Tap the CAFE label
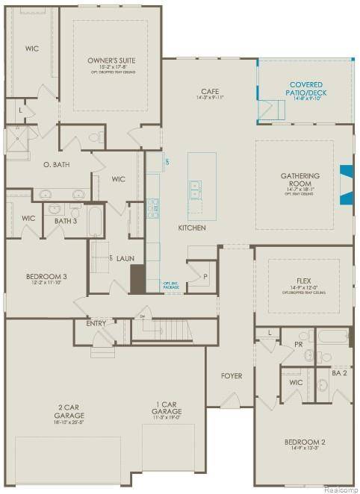(210, 91)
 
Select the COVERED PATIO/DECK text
(307, 89)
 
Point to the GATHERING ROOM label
(300, 180)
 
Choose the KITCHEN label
(192, 228)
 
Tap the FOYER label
(232, 375)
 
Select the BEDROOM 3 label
(47, 276)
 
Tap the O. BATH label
(56, 164)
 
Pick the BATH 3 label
(65, 221)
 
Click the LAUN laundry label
(125, 258)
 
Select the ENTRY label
(96, 323)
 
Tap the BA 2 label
(340, 372)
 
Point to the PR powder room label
(297, 346)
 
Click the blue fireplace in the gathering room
(345, 184)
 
